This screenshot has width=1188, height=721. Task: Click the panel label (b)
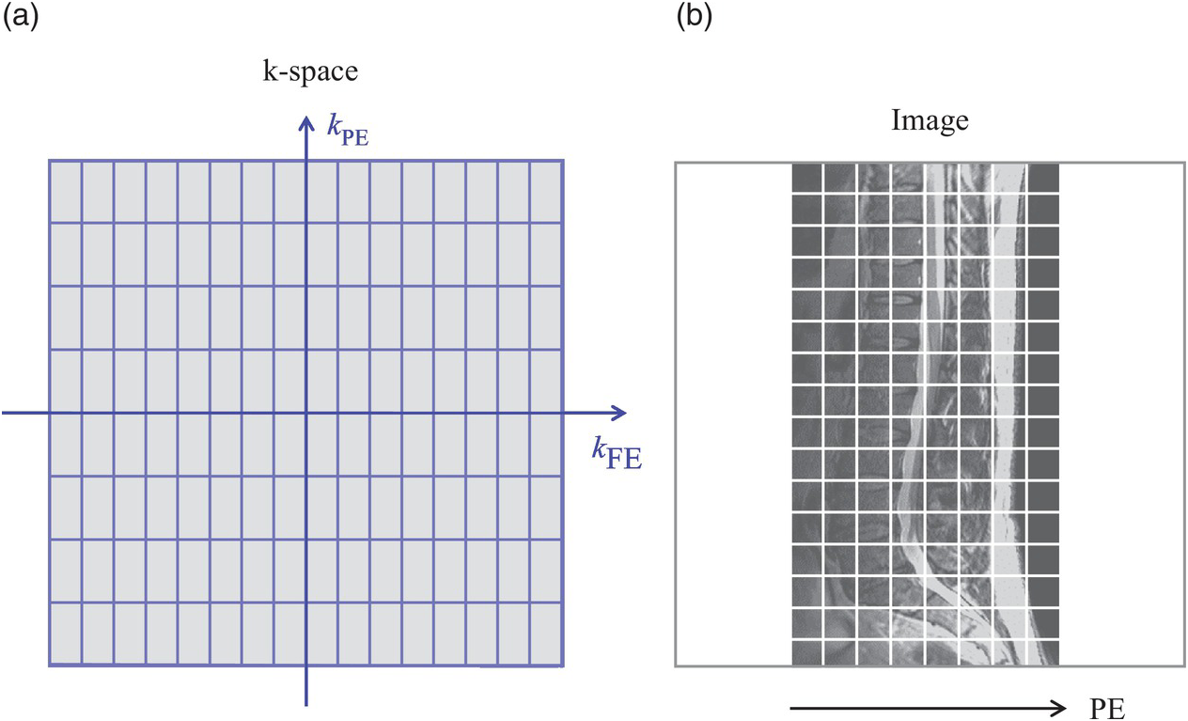[x=694, y=20]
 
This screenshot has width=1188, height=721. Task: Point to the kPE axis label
[x=347, y=132]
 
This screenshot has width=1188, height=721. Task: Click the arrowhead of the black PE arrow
[x=1062, y=708]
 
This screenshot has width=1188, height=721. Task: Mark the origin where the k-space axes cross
[x=305, y=413]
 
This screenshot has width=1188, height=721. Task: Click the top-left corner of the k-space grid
[x=49, y=161]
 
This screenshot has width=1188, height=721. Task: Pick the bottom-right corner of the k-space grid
[x=563, y=666]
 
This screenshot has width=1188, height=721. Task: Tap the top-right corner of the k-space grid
[x=563, y=161]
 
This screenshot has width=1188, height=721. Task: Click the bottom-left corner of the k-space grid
[x=49, y=666]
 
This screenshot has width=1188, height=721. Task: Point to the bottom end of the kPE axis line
[x=305, y=703]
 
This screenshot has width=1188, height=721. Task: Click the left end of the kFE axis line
[x=3, y=413]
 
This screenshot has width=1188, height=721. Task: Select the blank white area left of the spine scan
[x=733, y=414]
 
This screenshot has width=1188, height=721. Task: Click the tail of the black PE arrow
[x=792, y=708]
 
